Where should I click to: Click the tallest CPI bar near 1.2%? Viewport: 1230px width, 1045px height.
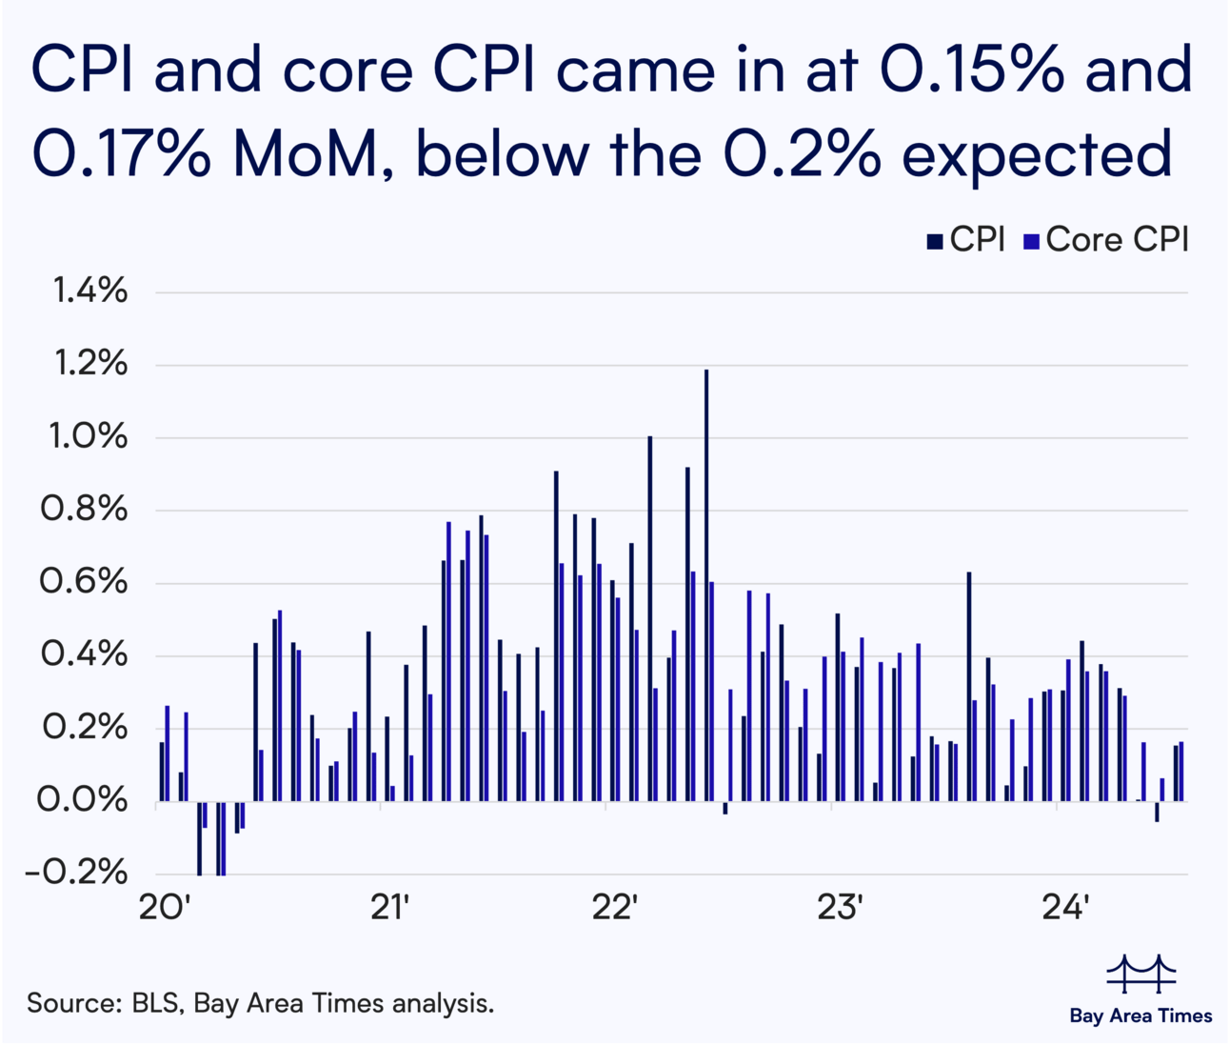tap(706, 585)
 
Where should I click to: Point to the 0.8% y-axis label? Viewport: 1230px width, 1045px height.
tap(84, 510)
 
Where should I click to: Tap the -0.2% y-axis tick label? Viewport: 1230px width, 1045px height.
tap(76, 872)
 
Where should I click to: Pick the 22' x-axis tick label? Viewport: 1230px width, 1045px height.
tap(614, 908)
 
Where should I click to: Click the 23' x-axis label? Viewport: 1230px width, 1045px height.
tap(840, 908)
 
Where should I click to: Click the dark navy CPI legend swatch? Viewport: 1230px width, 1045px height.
tap(936, 241)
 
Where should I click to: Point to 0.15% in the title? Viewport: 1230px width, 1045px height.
tap(971, 70)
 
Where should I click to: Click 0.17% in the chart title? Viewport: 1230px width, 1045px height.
tap(121, 152)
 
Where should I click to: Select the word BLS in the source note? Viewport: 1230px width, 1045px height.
tap(158, 1003)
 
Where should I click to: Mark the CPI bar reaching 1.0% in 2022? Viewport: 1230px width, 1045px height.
tap(650, 619)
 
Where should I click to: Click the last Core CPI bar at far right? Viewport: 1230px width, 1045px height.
tap(1182, 772)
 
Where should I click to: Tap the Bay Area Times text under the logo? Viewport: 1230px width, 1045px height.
tap(1141, 1015)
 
